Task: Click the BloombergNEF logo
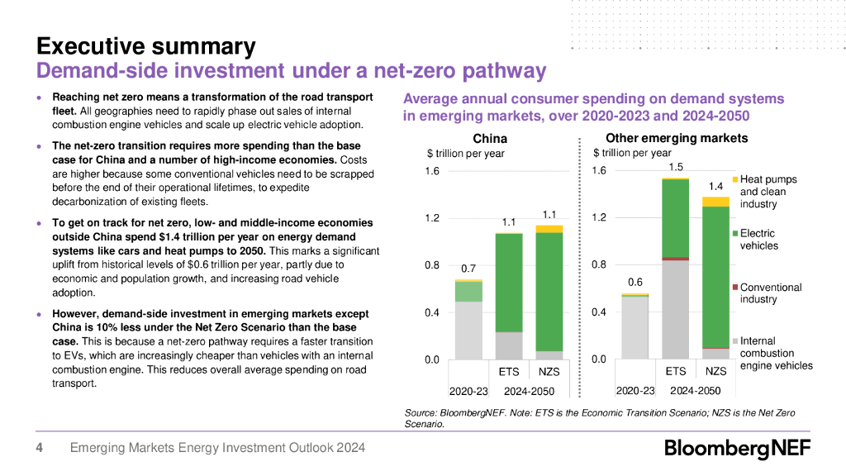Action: (x=738, y=449)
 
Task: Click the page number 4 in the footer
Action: (x=39, y=448)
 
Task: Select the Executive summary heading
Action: (x=145, y=46)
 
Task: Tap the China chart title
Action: (x=489, y=139)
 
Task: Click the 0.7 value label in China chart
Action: (x=468, y=269)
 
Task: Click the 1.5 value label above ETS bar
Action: (x=676, y=167)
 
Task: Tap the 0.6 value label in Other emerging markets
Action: (x=634, y=282)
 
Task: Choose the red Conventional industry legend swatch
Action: (x=735, y=288)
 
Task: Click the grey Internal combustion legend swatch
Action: (x=735, y=341)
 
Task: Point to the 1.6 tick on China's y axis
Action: (x=432, y=171)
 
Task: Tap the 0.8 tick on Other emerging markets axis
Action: (x=599, y=265)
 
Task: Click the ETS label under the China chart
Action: (x=509, y=372)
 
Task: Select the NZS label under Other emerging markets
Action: (x=716, y=372)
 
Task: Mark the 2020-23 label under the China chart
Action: (x=468, y=391)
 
